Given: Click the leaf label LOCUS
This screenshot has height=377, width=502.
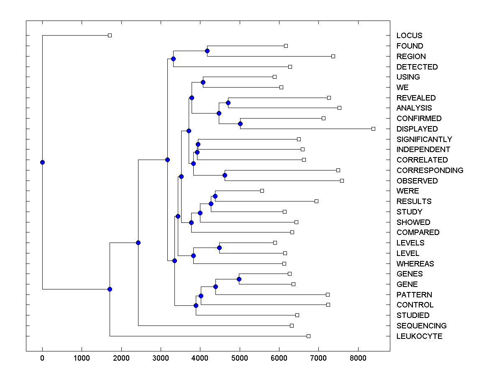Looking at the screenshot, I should pyautogui.click(x=409, y=36).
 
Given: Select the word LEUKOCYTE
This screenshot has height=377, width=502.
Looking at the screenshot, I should pyautogui.click(x=419, y=336).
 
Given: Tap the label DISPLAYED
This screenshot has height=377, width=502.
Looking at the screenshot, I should pyautogui.click(x=417, y=129).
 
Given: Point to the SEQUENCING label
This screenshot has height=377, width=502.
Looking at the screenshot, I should pyautogui.click(x=421, y=326).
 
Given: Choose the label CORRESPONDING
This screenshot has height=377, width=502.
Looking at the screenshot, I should pyautogui.click(x=430, y=170).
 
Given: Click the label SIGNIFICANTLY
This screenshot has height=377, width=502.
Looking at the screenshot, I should pyautogui.click(x=424, y=139).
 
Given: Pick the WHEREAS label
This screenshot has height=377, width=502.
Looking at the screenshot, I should pyautogui.click(x=415, y=264).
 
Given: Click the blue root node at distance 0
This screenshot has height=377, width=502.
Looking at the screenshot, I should pyautogui.click(x=42, y=162).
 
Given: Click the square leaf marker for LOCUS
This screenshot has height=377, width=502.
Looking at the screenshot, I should pyautogui.click(x=110, y=36).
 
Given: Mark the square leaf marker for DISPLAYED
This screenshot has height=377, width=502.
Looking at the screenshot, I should pyautogui.click(x=374, y=129).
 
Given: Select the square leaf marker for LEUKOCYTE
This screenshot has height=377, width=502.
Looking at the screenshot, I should pyautogui.click(x=308, y=336).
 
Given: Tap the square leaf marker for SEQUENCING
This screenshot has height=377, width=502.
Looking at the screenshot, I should pyautogui.click(x=292, y=325).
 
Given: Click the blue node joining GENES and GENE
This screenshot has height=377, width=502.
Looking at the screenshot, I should pyautogui.click(x=239, y=279).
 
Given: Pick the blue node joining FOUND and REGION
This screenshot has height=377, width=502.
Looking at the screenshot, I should pyautogui.click(x=207, y=51).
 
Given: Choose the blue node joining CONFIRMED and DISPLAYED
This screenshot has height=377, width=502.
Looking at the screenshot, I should pyautogui.click(x=240, y=124).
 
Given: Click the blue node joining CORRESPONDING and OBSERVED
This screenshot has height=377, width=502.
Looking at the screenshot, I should pyautogui.click(x=225, y=176).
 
